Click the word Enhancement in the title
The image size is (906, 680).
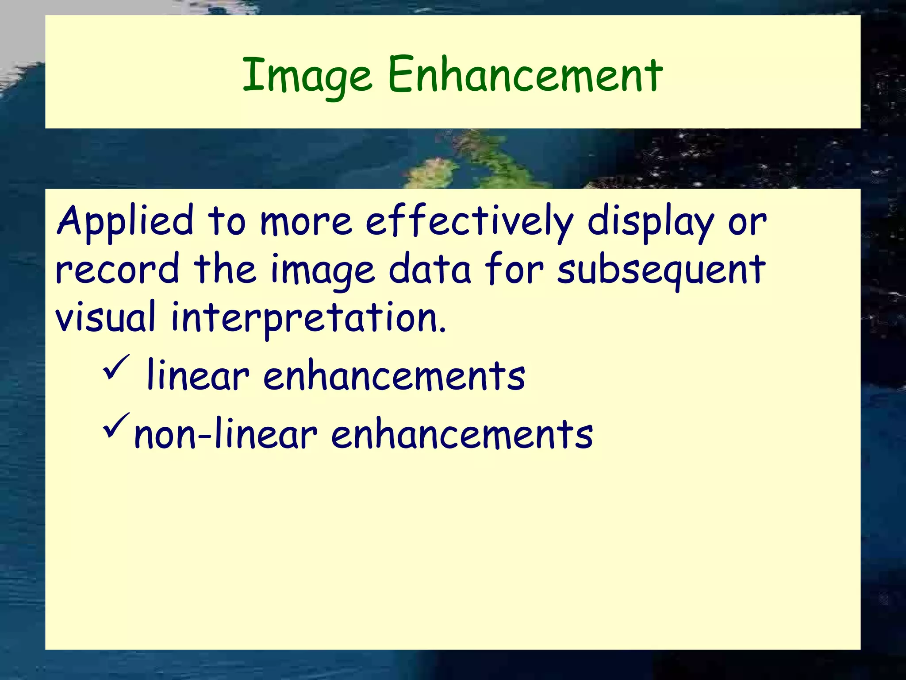click(525, 75)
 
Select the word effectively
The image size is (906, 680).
click(469, 221)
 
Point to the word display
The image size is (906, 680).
click(650, 221)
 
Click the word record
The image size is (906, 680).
click(117, 269)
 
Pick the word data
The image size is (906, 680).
click(430, 269)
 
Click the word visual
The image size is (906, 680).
click(105, 317)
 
